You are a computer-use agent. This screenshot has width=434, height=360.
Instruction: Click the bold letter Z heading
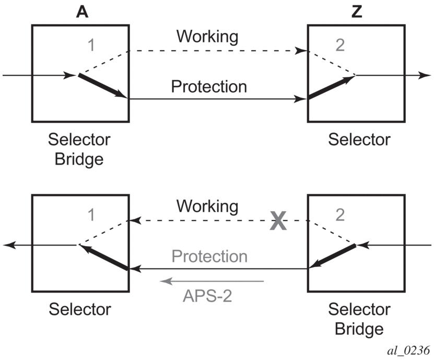pos(357,12)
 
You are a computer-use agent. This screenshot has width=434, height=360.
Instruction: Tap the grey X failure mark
pos(279,222)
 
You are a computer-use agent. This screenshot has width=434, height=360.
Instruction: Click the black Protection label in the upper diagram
pos(209,87)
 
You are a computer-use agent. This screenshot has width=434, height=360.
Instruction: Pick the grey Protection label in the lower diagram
pos(209,257)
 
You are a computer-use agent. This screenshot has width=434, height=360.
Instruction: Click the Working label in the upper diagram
pos(207,37)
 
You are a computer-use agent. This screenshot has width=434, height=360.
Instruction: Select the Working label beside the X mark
pos(207,206)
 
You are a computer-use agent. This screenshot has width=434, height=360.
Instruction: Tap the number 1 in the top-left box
pos(92,46)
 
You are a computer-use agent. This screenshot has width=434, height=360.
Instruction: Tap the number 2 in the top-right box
pos(340,46)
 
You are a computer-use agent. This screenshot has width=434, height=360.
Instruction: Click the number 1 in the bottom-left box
pos(92,215)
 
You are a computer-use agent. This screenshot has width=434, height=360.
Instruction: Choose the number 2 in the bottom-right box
pos(340,215)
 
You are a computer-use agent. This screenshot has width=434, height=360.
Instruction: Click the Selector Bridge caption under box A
pos(79,149)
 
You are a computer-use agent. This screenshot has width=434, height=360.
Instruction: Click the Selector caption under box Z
pos(359,140)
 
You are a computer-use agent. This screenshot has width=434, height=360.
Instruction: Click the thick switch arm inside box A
pos(102,86)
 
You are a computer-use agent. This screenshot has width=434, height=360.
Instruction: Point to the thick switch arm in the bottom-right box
pos(332,257)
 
